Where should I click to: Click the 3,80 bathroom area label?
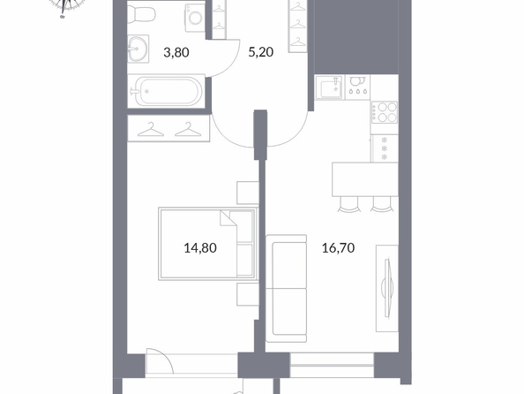176,52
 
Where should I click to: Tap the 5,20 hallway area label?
260,52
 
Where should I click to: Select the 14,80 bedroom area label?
200,248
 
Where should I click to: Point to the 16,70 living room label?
338,248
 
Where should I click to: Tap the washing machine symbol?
194,18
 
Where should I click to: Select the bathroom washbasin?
138,49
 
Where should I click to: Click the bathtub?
166,91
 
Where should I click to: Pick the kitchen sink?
329,87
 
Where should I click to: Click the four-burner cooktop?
385,112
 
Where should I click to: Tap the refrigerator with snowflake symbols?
385,148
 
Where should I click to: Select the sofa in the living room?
287,288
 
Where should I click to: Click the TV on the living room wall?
387,288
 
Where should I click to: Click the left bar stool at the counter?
348,205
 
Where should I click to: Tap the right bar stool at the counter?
382,205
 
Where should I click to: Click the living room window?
332,365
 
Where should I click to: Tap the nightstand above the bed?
248,193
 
